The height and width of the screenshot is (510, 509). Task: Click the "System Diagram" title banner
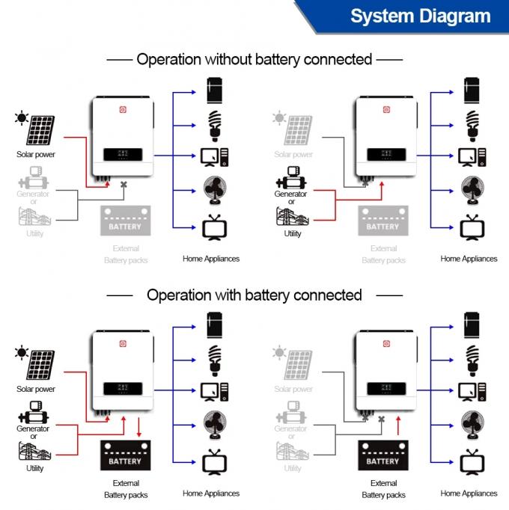coord(421,16)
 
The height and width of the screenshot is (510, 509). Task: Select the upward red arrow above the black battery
coord(399,426)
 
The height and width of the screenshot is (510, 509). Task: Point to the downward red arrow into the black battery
coord(140,427)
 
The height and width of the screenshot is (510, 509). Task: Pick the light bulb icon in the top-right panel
coord(472,125)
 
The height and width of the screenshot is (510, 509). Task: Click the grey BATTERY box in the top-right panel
coord(383,222)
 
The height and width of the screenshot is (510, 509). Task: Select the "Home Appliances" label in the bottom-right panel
coord(469,494)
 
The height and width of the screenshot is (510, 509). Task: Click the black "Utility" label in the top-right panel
coord(293,234)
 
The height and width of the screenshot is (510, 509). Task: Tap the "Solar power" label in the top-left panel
coord(36,155)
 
